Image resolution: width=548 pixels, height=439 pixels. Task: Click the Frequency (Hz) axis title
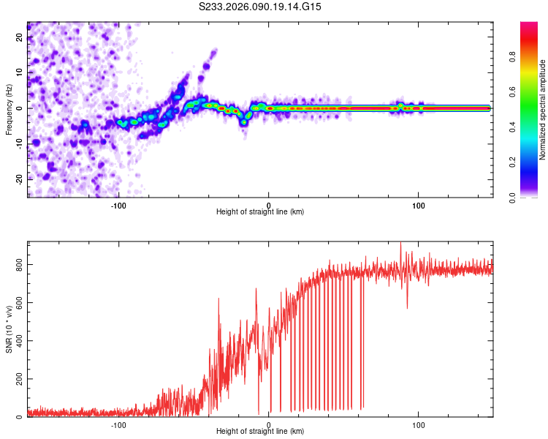tap(9, 110)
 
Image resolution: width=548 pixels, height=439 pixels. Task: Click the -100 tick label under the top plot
tap(118, 204)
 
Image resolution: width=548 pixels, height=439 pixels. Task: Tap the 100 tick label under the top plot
tap(419, 204)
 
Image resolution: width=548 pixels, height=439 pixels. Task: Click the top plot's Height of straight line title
tap(260, 212)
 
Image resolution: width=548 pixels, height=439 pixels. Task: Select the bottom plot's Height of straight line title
tap(260, 432)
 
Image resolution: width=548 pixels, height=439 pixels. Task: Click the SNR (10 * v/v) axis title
tap(9, 329)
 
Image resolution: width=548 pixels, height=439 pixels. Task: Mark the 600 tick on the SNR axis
tap(16, 302)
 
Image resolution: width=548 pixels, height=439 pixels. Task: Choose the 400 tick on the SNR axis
tap(16, 340)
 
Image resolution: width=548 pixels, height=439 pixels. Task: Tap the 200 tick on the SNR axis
tap(16, 378)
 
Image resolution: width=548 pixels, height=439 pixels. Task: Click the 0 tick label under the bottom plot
tap(269, 424)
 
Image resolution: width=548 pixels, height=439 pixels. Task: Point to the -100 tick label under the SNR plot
tap(118, 424)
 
